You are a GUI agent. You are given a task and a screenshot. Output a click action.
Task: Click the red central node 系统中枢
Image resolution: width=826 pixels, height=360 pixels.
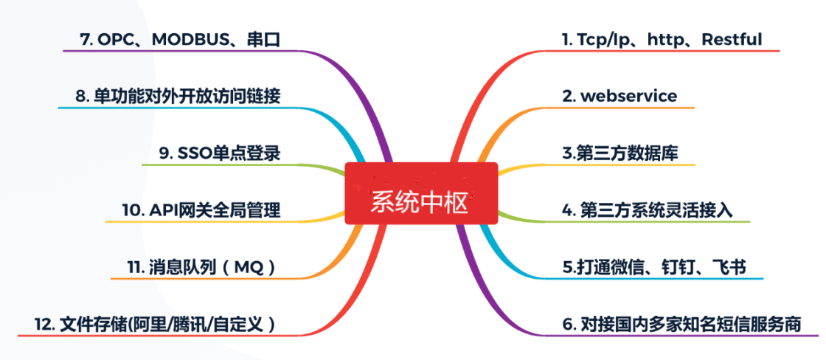pos(421,193)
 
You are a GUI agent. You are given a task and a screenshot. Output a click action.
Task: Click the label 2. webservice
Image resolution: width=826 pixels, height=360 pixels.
pos(619,96)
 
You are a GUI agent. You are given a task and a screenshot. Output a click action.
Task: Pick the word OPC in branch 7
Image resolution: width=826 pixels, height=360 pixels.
pos(116,40)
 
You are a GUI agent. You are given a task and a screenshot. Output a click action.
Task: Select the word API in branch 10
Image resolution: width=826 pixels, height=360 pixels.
pos(161,210)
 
